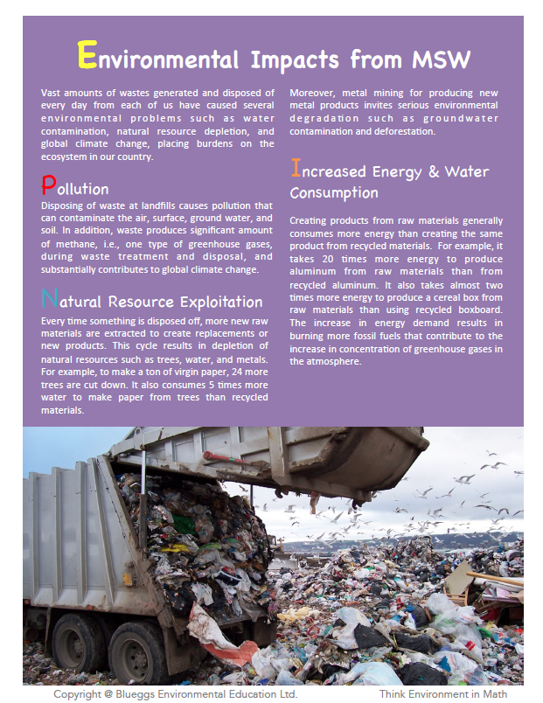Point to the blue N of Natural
click(51, 300)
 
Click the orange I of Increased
click(295, 169)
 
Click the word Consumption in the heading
click(334, 192)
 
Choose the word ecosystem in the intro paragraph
click(67, 157)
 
